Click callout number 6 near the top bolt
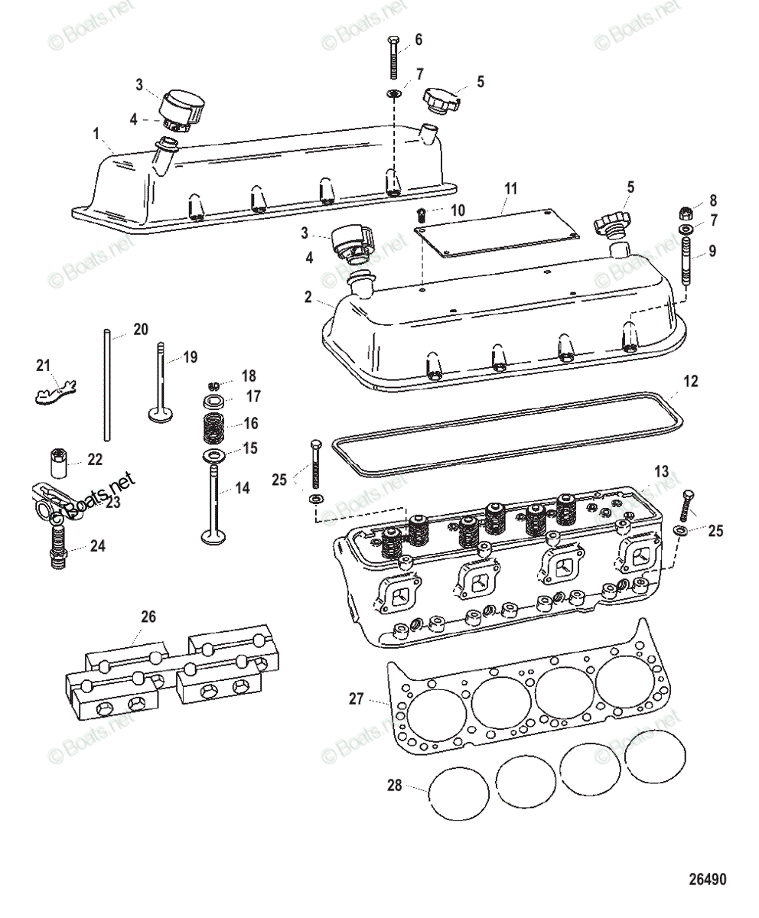(419, 39)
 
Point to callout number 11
(511, 187)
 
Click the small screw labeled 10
(421, 212)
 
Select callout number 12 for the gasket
(691, 382)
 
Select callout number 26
(148, 616)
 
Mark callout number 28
(394, 786)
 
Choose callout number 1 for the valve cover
(96, 135)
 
